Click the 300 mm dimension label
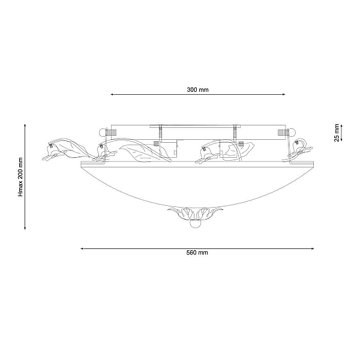click(197, 89)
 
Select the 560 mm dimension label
click(197, 253)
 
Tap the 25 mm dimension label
click(337, 133)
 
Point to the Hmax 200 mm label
click(20, 177)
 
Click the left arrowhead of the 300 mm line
click(112, 94)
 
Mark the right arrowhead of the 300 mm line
click(284, 94)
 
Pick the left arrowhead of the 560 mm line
click(82, 248)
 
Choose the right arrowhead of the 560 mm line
click(312, 248)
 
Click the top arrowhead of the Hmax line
click(25, 125)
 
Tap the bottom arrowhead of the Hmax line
click(25, 228)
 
